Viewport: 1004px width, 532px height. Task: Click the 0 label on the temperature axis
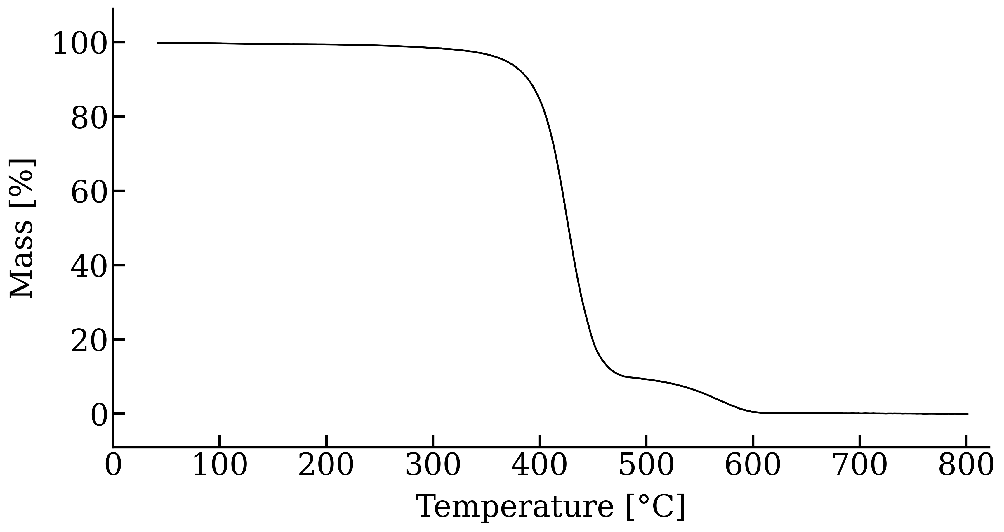coord(113,466)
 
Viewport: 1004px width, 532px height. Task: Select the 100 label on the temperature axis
coord(220,466)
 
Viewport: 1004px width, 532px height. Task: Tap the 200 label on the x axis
coord(326,466)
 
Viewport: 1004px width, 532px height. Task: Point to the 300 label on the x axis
coord(433,466)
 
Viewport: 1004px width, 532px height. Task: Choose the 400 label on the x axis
coord(540,466)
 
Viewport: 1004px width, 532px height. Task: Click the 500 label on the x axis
coord(647,466)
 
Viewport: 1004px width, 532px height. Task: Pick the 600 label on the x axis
coord(753,466)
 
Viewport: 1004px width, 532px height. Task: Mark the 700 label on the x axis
coord(860,466)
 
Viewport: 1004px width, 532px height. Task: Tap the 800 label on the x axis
coord(966,466)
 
